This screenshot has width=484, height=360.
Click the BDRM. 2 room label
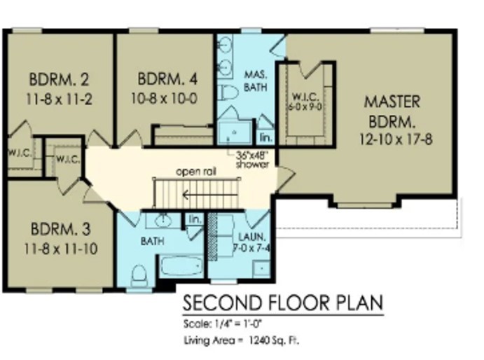click(59, 78)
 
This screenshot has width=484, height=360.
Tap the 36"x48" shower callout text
click(252, 159)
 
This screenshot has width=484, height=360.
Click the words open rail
click(194, 172)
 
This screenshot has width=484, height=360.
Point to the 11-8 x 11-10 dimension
click(61, 248)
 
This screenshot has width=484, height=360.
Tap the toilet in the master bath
click(229, 92)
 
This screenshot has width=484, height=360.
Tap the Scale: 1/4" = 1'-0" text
click(221, 324)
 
